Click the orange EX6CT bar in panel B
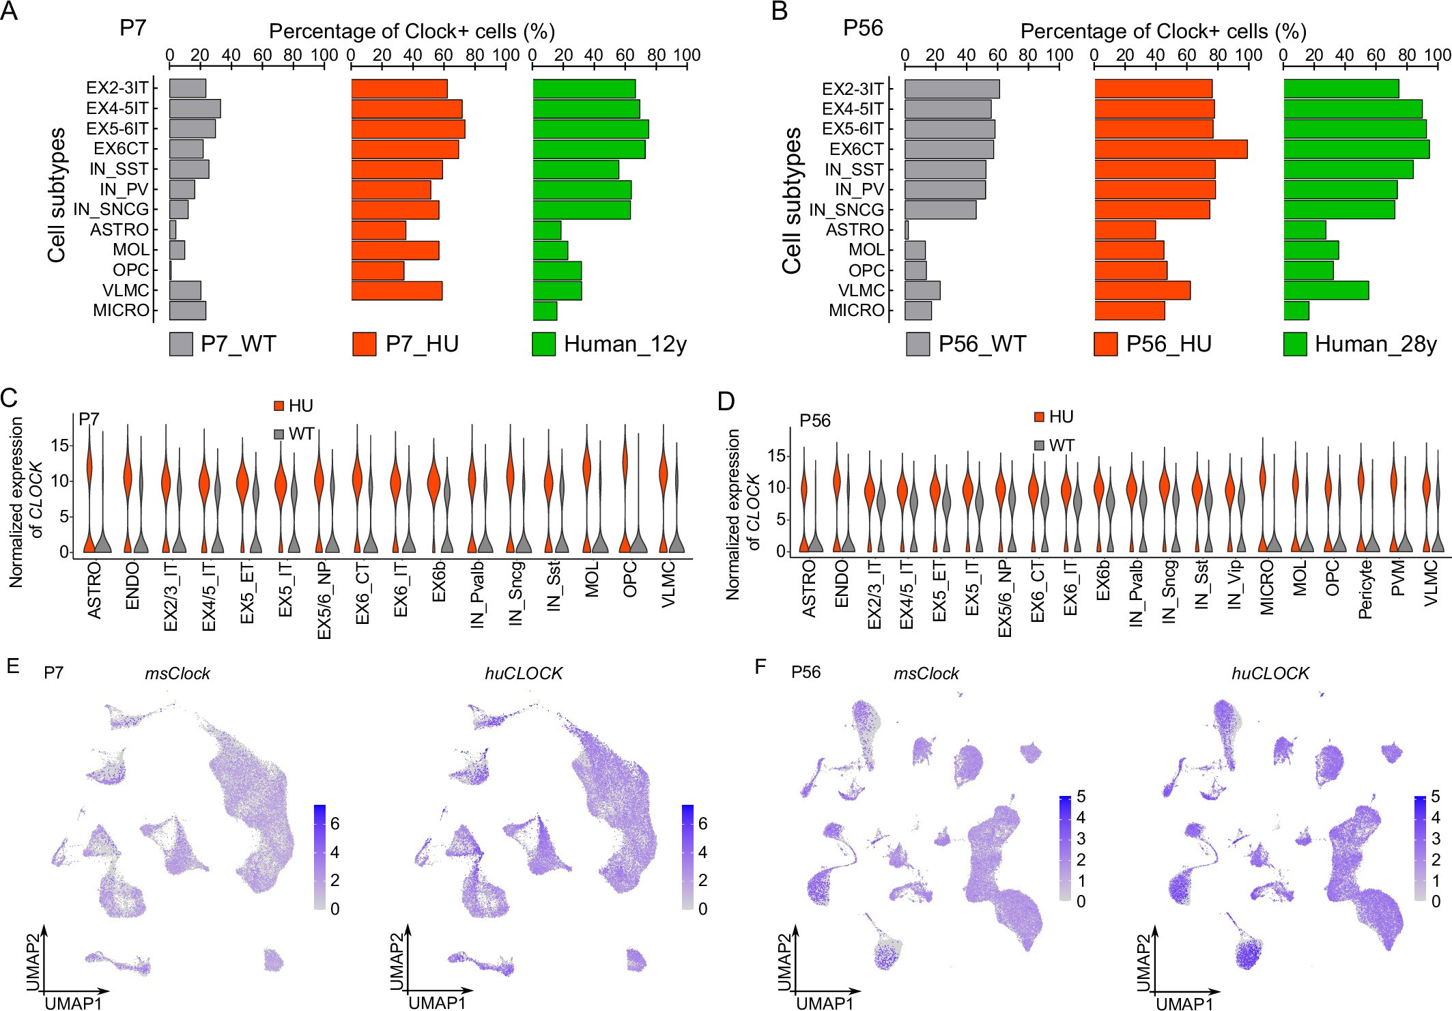point(1170,149)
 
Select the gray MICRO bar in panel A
point(187,311)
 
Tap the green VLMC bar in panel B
point(1326,290)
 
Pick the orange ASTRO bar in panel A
point(378,230)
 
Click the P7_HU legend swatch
point(364,345)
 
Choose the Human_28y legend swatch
point(1294,345)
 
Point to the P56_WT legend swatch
point(917,345)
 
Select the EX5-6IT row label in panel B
point(853,129)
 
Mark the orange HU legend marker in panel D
point(1039,417)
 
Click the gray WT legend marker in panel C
point(279,434)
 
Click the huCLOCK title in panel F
point(1270,674)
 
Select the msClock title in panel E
point(178,674)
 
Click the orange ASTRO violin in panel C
point(89,471)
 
